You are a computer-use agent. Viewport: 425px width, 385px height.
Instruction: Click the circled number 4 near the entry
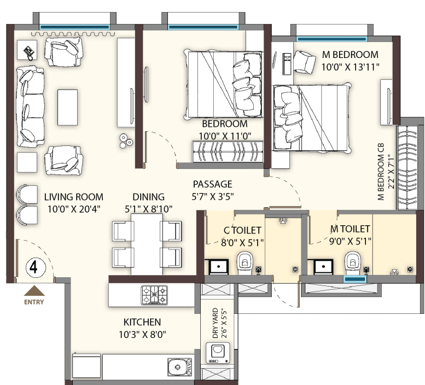34,267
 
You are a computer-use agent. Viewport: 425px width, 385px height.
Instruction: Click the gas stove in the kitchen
154,295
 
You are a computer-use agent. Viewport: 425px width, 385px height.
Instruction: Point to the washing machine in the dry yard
218,353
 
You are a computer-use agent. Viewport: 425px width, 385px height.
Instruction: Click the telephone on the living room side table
29,52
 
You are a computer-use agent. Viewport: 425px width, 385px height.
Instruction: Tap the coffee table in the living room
67,107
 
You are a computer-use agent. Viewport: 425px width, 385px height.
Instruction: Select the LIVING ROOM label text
74,197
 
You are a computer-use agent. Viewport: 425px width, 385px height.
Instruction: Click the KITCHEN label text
142,322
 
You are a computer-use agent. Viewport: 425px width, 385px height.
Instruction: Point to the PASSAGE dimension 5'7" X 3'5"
213,196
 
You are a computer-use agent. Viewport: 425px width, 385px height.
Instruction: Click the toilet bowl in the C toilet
244,263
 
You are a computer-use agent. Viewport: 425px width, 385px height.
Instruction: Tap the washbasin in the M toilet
323,266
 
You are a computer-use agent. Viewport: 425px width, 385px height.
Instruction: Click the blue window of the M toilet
355,279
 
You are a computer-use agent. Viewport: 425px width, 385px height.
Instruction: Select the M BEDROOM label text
350,55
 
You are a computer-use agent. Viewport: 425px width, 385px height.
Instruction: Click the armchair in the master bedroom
304,61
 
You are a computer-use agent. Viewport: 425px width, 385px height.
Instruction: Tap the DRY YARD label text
215,323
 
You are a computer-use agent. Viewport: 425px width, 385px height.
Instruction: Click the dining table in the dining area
147,244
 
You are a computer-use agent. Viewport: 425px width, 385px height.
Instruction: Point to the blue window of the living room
74,27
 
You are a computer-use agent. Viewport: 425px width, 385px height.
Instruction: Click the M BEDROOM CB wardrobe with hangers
407,167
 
